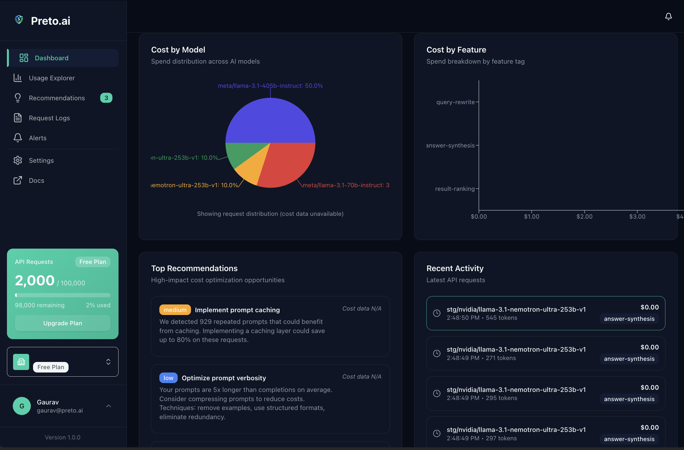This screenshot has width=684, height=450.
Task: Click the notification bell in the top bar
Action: pyautogui.click(x=668, y=16)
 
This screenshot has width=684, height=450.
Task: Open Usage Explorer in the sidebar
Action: pyautogui.click(x=51, y=78)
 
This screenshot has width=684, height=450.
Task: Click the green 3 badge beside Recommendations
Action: pyautogui.click(x=106, y=98)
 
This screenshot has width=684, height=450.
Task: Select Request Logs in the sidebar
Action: pyautogui.click(x=49, y=118)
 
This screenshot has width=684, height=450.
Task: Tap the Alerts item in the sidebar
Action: pyautogui.click(x=37, y=138)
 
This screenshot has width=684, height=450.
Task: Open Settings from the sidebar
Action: pyautogui.click(x=41, y=161)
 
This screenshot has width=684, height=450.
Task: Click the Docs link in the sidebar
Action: pyautogui.click(x=36, y=181)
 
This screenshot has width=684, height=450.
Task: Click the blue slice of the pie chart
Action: pyautogui.click(x=270, y=121)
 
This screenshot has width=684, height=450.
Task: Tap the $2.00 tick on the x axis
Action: pyautogui.click(x=584, y=216)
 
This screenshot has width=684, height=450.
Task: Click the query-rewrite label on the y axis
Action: pyautogui.click(x=455, y=102)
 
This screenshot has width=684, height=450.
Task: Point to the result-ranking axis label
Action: pyautogui.click(x=455, y=189)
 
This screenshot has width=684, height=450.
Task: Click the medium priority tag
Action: pyautogui.click(x=175, y=310)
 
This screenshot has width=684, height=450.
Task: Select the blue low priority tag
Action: pyautogui.click(x=168, y=378)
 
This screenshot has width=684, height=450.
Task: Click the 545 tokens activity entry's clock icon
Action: pyautogui.click(x=437, y=313)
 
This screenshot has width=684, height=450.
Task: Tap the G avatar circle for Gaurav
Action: pyautogui.click(x=22, y=406)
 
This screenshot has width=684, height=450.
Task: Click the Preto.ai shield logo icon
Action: pyautogui.click(x=19, y=19)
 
